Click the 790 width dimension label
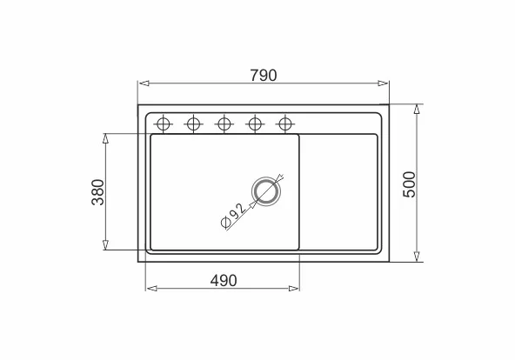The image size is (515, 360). point(264,76)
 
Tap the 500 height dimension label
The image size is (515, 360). point(409,184)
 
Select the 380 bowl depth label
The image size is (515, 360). point(98,192)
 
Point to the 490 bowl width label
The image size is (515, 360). point(224,281)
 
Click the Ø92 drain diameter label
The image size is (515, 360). point(233,216)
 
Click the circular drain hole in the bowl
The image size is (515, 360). point(266,191)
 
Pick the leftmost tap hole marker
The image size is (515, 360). point(164,124)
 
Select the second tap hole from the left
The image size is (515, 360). point(193,124)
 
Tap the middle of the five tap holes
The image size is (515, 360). point(224,124)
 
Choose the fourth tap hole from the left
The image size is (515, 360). point(255,124)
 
